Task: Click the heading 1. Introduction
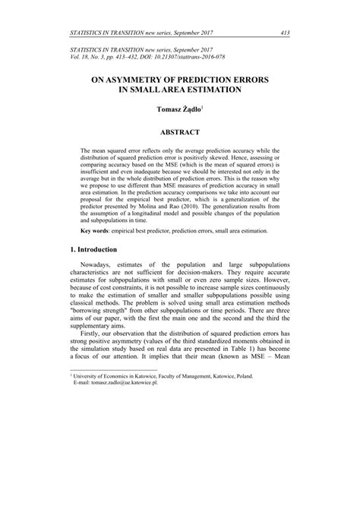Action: click(89, 249)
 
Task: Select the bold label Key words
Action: click(99, 229)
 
